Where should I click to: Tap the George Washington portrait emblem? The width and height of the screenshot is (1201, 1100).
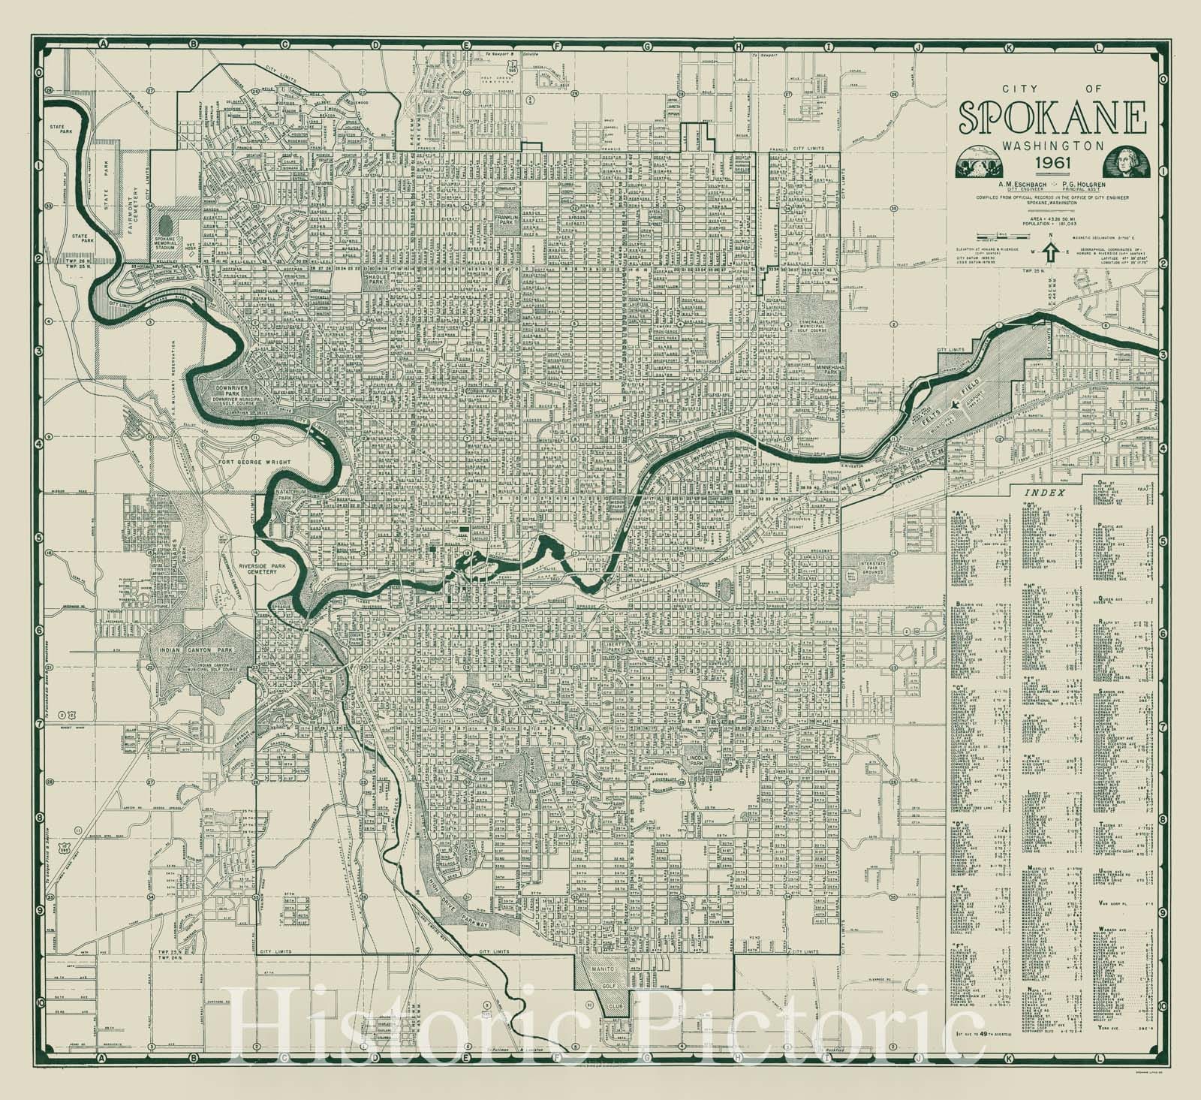[x=1123, y=161]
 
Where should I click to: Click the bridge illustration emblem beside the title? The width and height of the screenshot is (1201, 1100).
[x=979, y=162]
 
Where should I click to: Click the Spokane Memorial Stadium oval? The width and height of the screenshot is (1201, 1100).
[x=166, y=228]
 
